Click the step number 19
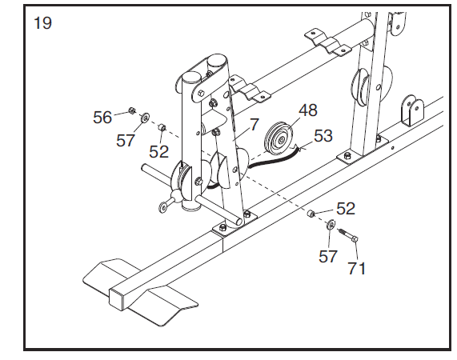(x=43, y=23)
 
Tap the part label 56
(x=102, y=118)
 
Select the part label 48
(x=308, y=110)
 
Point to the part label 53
(x=323, y=136)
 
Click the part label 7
(x=255, y=125)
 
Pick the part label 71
(x=357, y=268)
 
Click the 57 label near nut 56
(x=126, y=141)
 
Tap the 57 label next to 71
(x=328, y=257)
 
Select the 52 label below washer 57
(x=158, y=152)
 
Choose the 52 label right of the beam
(x=346, y=209)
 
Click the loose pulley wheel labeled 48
(x=279, y=140)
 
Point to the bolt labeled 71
(x=348, y=235)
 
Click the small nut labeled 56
(x=132, y=110)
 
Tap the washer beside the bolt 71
(x=331, y=224)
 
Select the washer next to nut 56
(x=145, y=118)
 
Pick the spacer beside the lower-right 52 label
(x=311, y=214)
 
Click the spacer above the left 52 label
(x=162, y=127)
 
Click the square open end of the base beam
(x=118, y=299)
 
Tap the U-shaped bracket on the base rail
(x=411, y=110)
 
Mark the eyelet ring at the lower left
(x=162, y=208)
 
